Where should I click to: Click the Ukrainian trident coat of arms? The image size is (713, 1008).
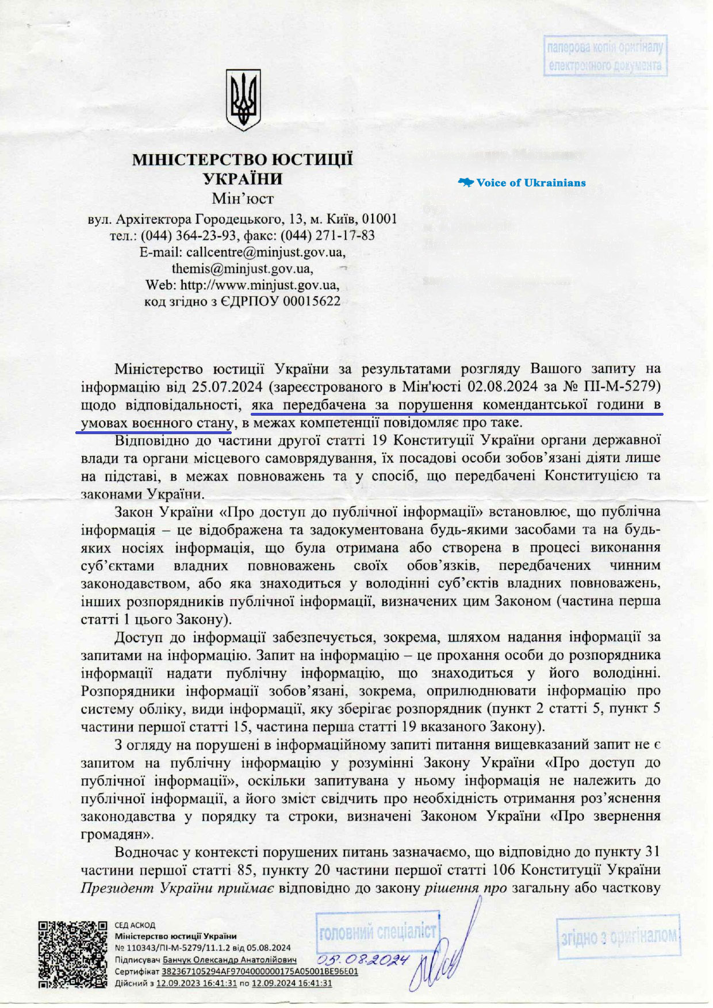click(x=243, y=99)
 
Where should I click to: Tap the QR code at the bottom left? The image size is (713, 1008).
click(x=72, y=954)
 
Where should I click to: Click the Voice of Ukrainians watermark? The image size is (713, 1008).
click(x=522, y=183)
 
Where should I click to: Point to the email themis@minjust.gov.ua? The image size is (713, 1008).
click(x=242, y=269)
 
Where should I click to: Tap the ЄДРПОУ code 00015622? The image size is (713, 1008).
click(x=311, y=301)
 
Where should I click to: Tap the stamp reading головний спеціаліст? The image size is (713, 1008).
click(x=377, y=932)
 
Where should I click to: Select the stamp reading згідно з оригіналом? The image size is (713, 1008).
click(x=618, y=936)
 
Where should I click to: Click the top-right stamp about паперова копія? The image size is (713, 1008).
click(x=605, y=56)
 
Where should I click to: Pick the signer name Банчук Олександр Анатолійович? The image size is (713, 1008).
click(x=229, y=960)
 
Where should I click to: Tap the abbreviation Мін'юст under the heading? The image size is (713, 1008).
click(x=243, y=199)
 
